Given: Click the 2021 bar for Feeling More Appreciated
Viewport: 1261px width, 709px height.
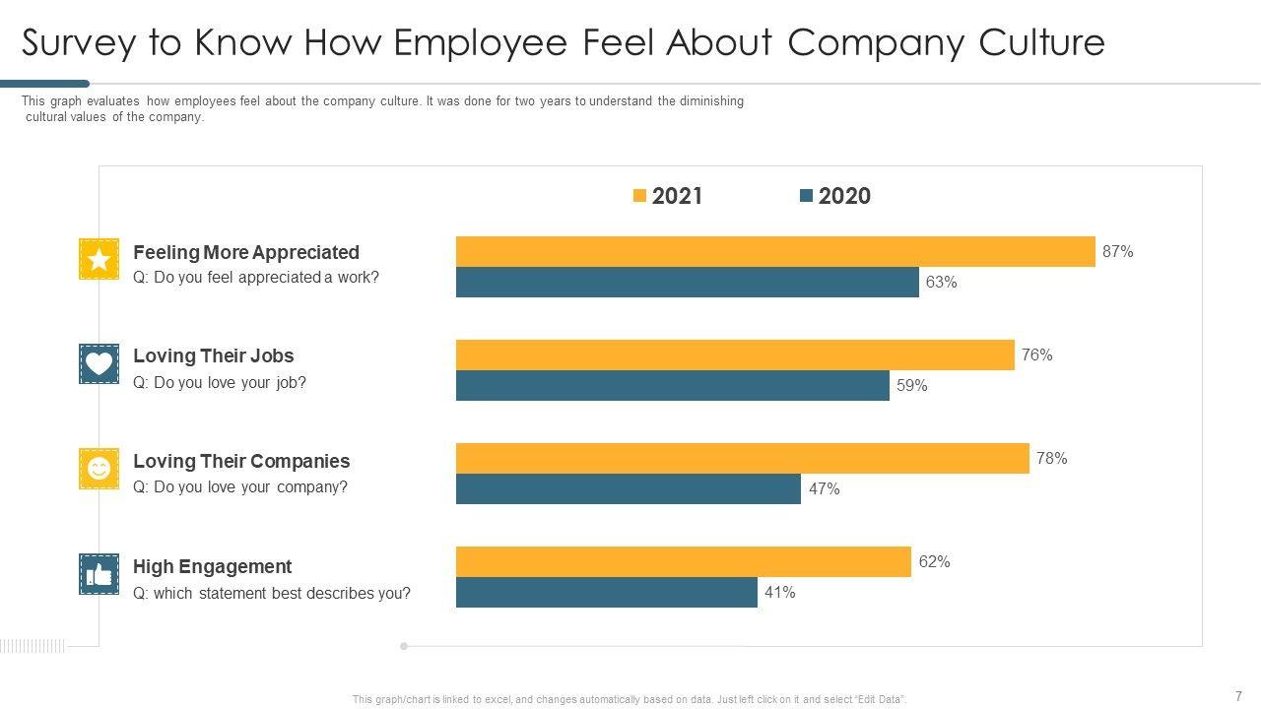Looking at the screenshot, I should point(775,252).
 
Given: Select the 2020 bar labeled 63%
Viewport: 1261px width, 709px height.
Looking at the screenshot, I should point(687,283).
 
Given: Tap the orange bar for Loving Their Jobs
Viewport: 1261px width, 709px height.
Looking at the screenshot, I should point(735,355).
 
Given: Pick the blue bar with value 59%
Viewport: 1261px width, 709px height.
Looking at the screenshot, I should point(672,386).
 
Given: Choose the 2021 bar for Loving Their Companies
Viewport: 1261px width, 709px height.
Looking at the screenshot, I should point(742,459).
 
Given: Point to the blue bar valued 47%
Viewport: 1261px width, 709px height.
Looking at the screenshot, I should point(628,489).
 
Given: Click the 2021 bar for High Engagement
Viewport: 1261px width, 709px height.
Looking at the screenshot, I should point(683,562).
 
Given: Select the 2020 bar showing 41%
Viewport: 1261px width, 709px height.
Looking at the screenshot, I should point(606,593).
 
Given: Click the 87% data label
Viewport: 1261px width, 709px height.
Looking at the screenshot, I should point(1117,252).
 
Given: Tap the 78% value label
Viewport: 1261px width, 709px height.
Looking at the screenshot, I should point(1051,459).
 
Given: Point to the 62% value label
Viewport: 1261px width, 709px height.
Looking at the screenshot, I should point(934,562).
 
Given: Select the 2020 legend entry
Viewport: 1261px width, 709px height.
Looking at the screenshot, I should point(835,196).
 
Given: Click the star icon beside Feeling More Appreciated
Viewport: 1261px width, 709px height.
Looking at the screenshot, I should point(99,259).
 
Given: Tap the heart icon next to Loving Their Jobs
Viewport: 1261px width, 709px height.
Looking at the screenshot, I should point(99,363).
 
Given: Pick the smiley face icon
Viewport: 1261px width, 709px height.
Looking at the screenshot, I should point(99,469).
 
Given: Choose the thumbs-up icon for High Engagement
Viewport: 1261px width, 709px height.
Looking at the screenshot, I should point(99,574).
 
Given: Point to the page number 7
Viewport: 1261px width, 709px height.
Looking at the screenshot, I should point(1238,696).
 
